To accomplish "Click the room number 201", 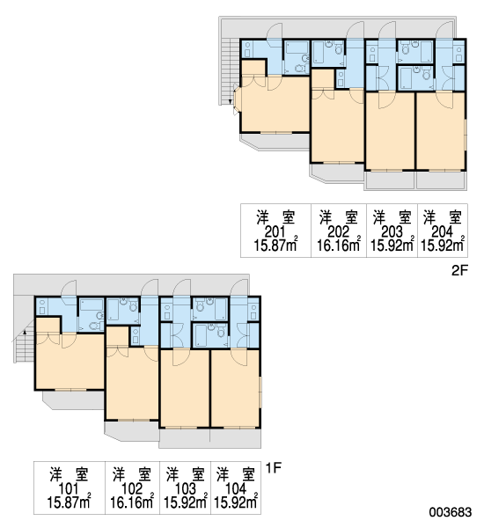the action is pyautogui.click(x=275, y=232).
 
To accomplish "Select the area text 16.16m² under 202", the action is pyautogui.click(x=339, y=245).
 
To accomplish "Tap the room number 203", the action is pyautogui.click(x=392, y=232).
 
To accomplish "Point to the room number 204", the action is pyautogui.click(x=443, y=232).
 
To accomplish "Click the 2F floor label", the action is pyautogui.click(x=459, y=270).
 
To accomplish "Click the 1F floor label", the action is pyautogui.click(x=273, y=468).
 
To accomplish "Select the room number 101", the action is pyautogui.click(x=69, y=488).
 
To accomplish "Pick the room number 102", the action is pyautogui.click(x=132, y=488).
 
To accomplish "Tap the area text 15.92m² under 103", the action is pyautogui.click(x=186, y=502).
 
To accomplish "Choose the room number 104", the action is pyautogui.click(x=236, y=488).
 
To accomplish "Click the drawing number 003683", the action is pyautogui.click(x=451, y=512).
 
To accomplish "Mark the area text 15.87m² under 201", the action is pyautogui.click(x=275, y=245).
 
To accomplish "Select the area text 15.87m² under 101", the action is pyautogui.click(x=69, y=502).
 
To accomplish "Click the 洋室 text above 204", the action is pyautogui.click(x=443, y=217).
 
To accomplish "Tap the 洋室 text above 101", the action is pyautogui.click(x=69, y=474).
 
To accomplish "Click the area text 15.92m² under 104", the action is pyautogui.click(x=236, y=502).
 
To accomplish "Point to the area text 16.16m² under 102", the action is pyautogui.click(x=132, y=502).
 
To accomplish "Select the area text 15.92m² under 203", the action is pyautogui.click(x=392, y=245).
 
